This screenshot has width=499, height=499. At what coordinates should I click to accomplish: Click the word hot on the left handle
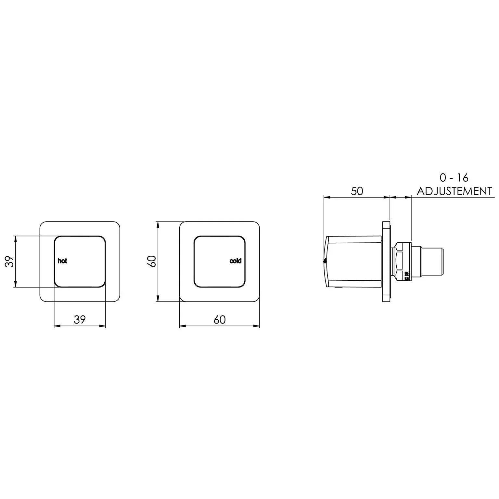[x=62, y=261]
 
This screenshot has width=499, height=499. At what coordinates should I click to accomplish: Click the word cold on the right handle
[x=235, y=261]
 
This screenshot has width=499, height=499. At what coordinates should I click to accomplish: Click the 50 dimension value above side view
[x=357, y=191]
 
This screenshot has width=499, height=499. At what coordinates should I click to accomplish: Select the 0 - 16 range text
[x=454, y=178]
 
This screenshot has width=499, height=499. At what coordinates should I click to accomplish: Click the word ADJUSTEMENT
[x=454, y=191]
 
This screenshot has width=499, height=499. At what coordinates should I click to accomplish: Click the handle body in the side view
[x=354, y=262]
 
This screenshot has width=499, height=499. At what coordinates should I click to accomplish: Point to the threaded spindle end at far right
[x=432, y=262]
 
